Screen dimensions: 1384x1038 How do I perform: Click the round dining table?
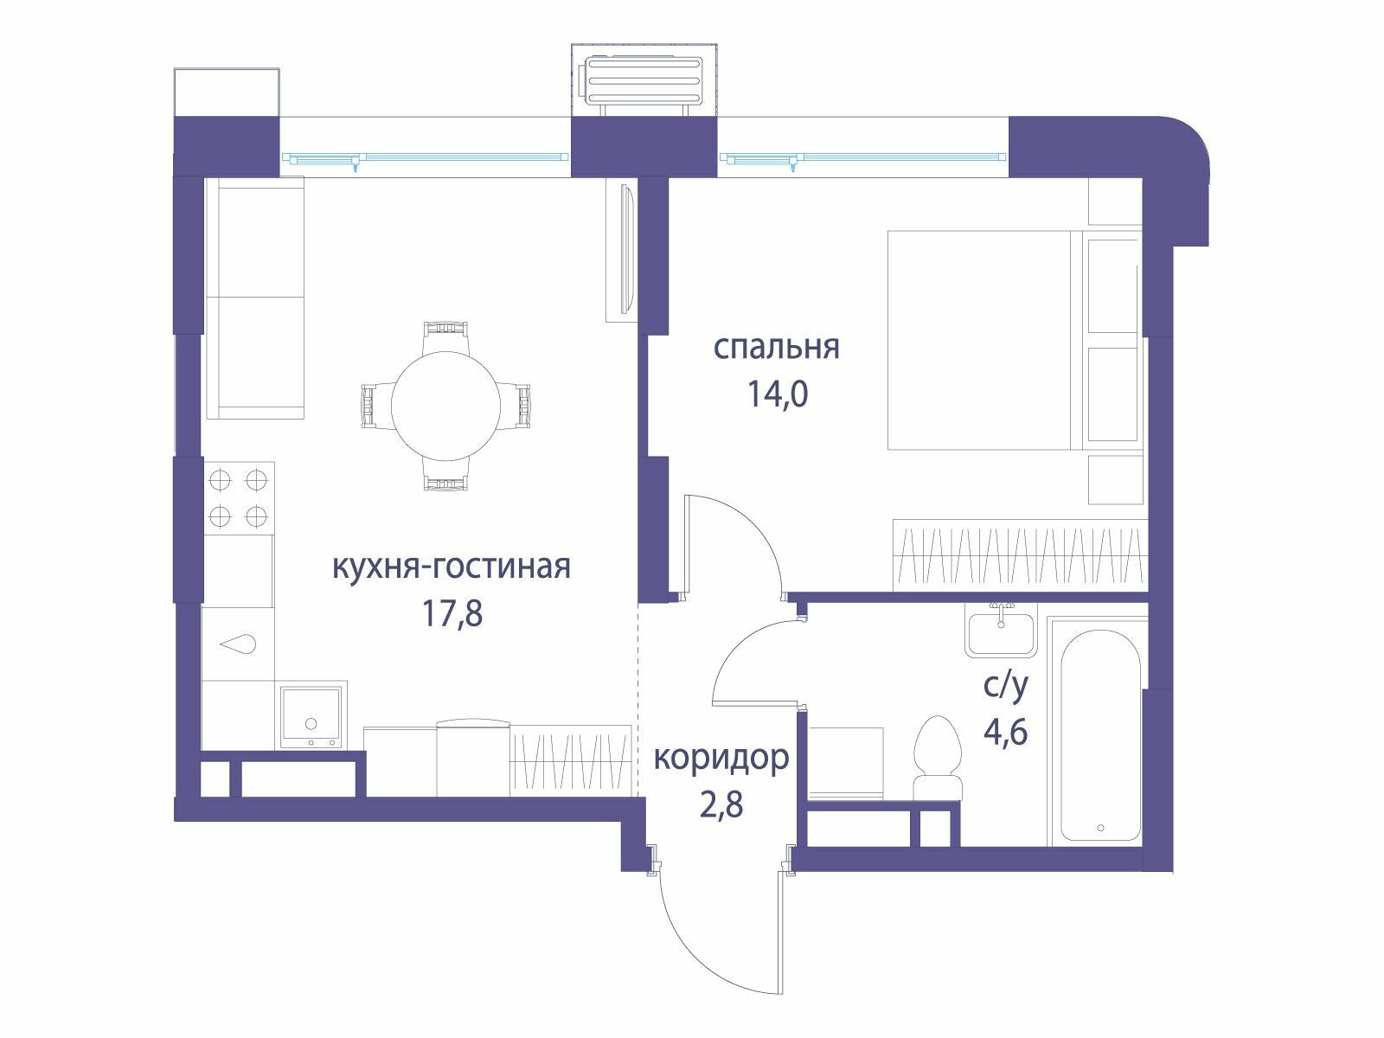coord(445,406)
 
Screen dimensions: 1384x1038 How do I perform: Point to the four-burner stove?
coord(239,498)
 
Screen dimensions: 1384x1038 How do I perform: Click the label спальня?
coord(776,347)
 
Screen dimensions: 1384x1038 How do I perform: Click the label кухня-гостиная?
coord(452,567)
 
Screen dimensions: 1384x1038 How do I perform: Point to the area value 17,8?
coord(452,614)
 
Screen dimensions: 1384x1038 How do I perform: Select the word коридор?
coord(721,759)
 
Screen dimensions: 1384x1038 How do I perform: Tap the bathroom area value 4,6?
coord(1006,733)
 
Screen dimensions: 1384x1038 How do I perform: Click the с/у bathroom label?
coord(1005,688)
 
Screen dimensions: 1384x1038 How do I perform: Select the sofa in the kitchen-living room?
coord(255,298)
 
